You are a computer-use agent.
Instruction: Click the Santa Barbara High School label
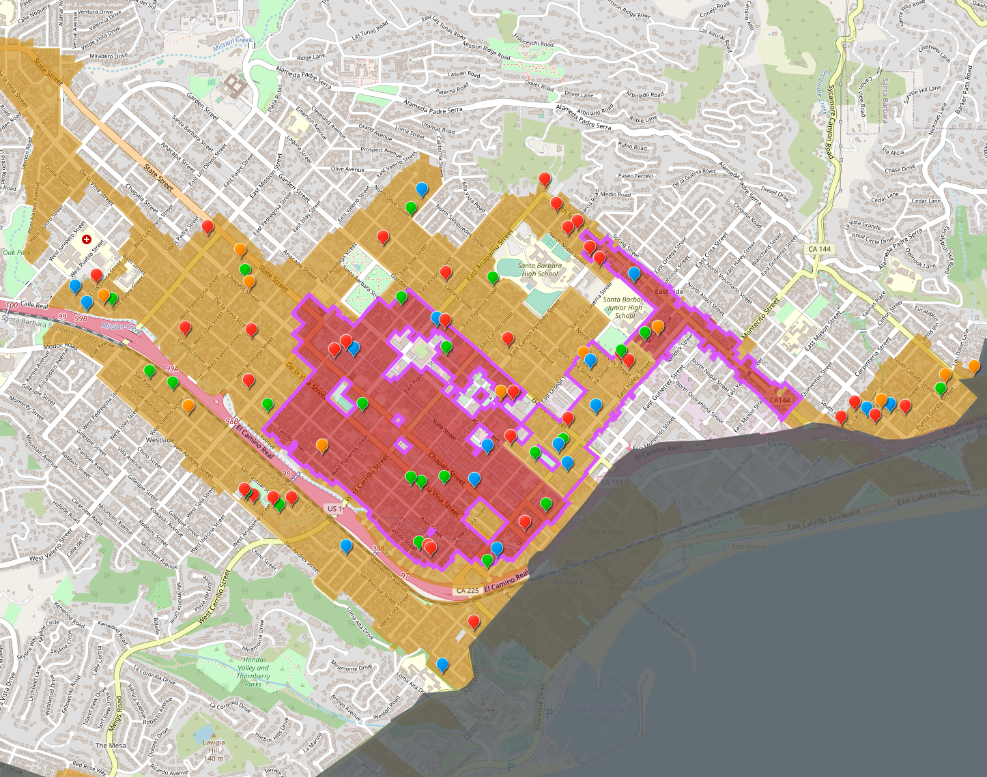(x=540, y=269)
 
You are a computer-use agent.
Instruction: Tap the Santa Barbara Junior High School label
(x=624, y=307)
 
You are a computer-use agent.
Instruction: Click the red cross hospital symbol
(x=87, y=239)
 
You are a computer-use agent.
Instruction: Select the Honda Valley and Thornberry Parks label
(x=253, y=672)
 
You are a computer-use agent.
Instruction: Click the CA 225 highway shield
(x=468, y=590)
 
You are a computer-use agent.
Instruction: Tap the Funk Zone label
(x=607, y=531)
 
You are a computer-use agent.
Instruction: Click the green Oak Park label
(x=17, y=252)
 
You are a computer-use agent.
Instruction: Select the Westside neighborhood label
(x=160, y=440)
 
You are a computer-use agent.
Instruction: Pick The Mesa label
(x=111, y=746)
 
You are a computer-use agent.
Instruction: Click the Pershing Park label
(x=515, y=662)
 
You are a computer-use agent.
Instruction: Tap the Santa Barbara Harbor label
(x=598, y=714)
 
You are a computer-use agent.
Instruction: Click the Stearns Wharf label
(x=663, y=617)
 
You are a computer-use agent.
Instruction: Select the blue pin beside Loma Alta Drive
(x=442, y=663)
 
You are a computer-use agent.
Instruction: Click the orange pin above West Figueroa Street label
(x=321, y=445)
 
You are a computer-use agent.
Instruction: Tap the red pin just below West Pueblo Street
(x=96, y=274)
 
